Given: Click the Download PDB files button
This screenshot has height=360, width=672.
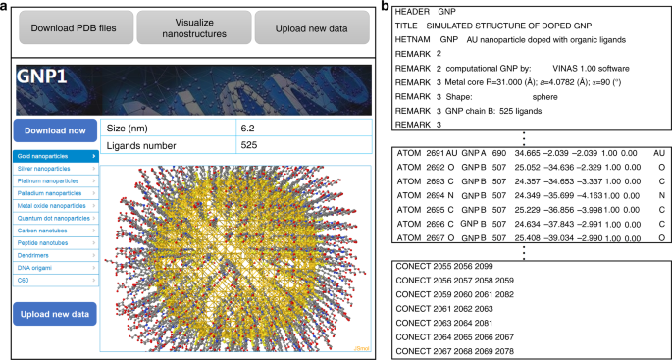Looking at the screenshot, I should coord(73,28).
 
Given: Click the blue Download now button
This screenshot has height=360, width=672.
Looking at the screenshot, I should coord(55,130).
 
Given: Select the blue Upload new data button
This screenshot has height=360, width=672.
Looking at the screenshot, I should coord(55,313).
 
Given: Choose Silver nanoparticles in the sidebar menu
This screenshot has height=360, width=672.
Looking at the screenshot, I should coord(55,168).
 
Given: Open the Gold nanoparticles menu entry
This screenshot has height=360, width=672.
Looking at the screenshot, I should coord(55,155).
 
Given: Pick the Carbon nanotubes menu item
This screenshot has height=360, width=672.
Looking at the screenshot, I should coord(55,231).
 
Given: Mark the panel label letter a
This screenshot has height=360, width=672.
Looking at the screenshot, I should coord(6,8).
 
